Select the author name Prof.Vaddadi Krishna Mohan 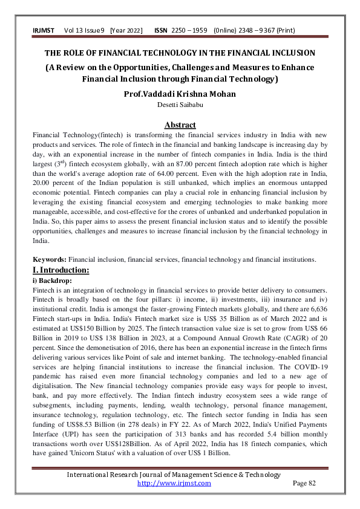click(180, 94)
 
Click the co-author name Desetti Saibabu click(180, 105)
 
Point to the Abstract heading click(180, 125)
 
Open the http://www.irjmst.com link click(174, 483)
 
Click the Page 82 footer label click(304, 483)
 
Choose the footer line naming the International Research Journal click(180, 475)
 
